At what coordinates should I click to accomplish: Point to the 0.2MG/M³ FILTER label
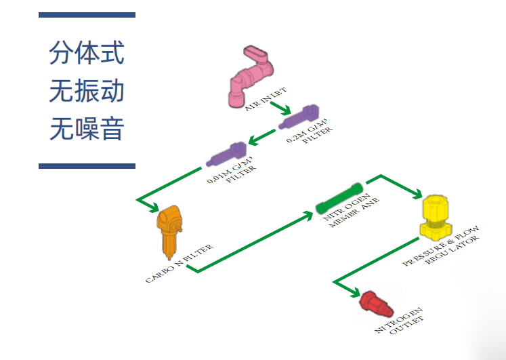coord(310,134)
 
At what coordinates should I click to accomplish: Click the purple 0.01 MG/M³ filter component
coord(226,156)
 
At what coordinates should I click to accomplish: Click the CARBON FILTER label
coord(180,264)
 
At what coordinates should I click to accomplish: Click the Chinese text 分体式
coord(87,52)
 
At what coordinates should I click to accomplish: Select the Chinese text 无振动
coord(87,90)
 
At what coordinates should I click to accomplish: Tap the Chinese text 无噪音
coord(87,127)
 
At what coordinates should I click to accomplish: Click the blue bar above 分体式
coord(87,14)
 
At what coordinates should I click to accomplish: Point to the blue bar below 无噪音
coord(87,165)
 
